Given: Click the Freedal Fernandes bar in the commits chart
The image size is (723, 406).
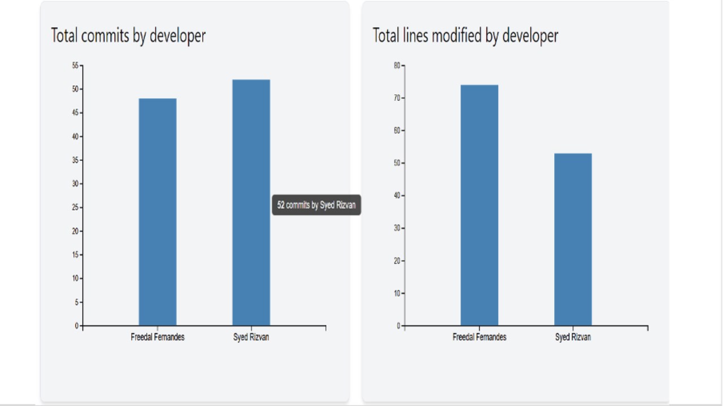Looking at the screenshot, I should tap(158, 212).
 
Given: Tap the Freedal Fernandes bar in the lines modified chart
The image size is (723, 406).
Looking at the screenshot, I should tap(480, 205).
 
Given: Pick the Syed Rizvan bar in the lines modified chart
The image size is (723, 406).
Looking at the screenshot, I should tap(573, 240).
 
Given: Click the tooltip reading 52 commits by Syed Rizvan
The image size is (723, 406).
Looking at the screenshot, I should tap(316, 205).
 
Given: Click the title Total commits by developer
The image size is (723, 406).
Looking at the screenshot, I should tap(128, 36).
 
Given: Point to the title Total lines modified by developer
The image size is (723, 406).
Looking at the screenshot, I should tap(465, 36).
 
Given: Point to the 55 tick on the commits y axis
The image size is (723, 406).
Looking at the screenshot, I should tap(75, 65).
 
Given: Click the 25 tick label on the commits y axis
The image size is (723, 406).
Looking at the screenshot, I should tap(75, 208).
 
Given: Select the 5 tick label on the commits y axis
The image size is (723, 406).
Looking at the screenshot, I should tap(76, 302).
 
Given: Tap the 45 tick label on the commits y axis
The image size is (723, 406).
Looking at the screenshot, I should tap(75, 113).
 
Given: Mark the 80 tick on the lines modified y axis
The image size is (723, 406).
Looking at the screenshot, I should tap(397, 65).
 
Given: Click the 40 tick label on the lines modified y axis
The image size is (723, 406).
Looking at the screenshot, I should tap(397, 196).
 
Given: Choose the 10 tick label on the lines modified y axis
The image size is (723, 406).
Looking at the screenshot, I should tap(397, 293).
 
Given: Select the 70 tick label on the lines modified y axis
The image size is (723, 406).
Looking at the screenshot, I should tap(397, 98).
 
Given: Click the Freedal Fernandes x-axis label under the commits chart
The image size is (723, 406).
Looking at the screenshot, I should tap(158, 337).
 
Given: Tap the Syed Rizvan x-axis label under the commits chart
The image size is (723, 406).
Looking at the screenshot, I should tap(251, 337).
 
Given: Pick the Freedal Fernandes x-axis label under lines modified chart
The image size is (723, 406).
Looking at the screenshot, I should tap(480, 337).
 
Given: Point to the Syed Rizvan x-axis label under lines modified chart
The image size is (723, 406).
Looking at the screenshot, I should tap(573, 337).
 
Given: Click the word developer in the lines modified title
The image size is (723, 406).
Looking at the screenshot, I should tap(530, 36).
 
